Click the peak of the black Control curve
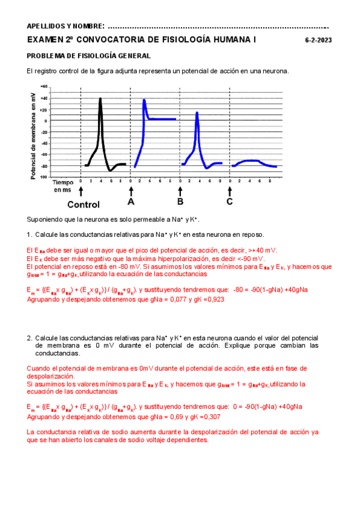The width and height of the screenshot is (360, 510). [100, 99]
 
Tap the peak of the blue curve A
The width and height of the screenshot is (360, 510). [144, 100]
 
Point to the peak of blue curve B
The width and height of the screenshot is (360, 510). [197, 113]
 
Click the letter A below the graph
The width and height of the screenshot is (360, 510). [131, 202]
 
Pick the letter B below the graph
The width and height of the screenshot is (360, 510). [180, 202]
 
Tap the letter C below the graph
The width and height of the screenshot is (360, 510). [230, 202]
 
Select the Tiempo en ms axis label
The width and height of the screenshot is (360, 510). [63, 185]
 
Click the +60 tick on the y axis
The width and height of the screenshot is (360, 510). [44, 87]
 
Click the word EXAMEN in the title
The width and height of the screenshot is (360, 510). [46, 40]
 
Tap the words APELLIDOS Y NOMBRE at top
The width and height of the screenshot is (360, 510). [66, 26]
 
